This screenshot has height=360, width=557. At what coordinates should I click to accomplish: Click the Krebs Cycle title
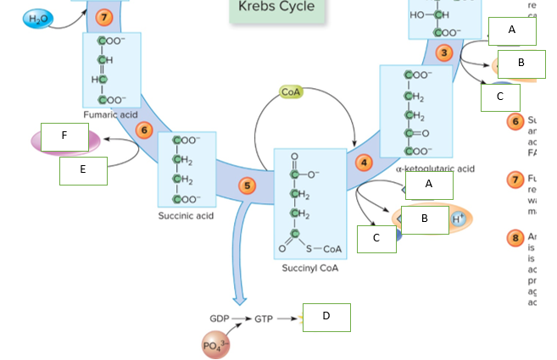(x=276, y=8)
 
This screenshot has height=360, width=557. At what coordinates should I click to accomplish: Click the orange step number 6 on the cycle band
(x=143, y=130)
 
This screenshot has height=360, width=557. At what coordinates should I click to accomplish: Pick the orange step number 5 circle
(x=247, y=186)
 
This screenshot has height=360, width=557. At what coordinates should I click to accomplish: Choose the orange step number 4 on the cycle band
(x=364, y=162)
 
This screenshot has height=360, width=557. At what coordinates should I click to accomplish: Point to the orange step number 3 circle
(x=443, y=53)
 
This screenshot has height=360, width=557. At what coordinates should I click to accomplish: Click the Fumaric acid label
(x=110, y=114)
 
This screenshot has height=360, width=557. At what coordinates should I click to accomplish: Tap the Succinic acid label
(x=186, y=215)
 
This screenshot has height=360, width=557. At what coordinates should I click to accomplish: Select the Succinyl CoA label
(x=310, y=268)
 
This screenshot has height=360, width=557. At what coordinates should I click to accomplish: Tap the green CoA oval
(x=291, y=91)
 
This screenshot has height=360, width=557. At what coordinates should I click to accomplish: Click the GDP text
(x=220, y=318)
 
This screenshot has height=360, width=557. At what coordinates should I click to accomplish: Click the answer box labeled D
(x=326, y=317)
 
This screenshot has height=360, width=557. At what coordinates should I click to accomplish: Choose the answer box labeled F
(x=64, y=137)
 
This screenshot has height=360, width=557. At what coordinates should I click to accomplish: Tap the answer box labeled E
(x=83, y=170)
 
